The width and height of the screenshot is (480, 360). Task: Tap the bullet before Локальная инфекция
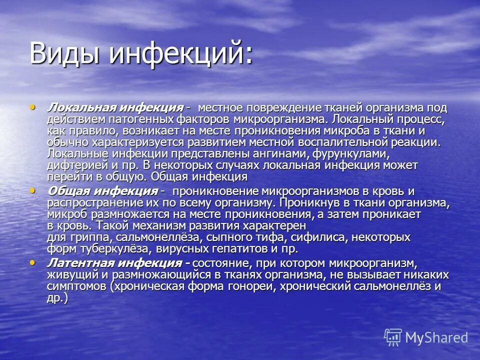pyautogui.click(x=33, y=106)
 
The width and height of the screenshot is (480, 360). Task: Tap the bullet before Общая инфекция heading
pyautogui.click(x=33, y=190)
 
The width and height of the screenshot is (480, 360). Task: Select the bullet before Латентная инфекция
pyautogui.click(x=33, y=262)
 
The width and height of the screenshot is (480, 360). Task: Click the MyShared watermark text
pyautogui.click(x=436, y=338)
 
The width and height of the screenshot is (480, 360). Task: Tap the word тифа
pyautogui.click(x=215, y=237)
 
